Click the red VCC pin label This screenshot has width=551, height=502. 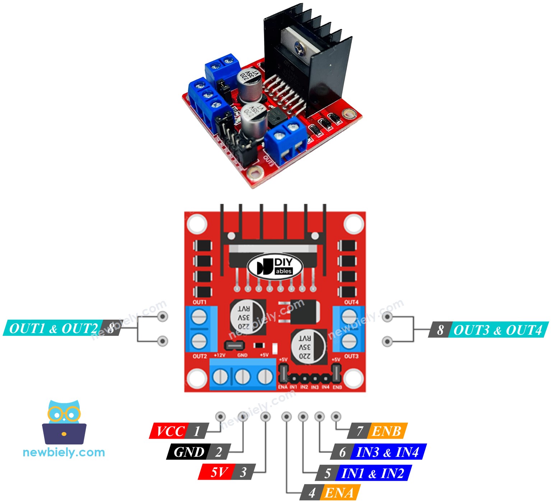[x=170, y=431]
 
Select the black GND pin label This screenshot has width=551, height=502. [x=188, y=452]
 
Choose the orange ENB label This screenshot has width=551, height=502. [x=386, y=431]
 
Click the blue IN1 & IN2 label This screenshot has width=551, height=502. [x=372, y=473]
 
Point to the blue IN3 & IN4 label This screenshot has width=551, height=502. [x=388, y=452]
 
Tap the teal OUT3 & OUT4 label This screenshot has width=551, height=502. [x=497, y=330]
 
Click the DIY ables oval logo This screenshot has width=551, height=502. [x=275, y=266]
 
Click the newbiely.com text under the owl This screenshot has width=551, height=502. [x=64, y=452]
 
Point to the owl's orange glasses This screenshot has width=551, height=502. [x=64, y=414]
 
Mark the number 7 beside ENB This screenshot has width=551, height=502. [x=360, y=431]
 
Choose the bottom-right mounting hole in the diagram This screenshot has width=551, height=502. [x=353, y=379]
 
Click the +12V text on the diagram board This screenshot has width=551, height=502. [x=219, y=355]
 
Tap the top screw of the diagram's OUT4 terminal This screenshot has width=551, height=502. [x=348, y=317]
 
